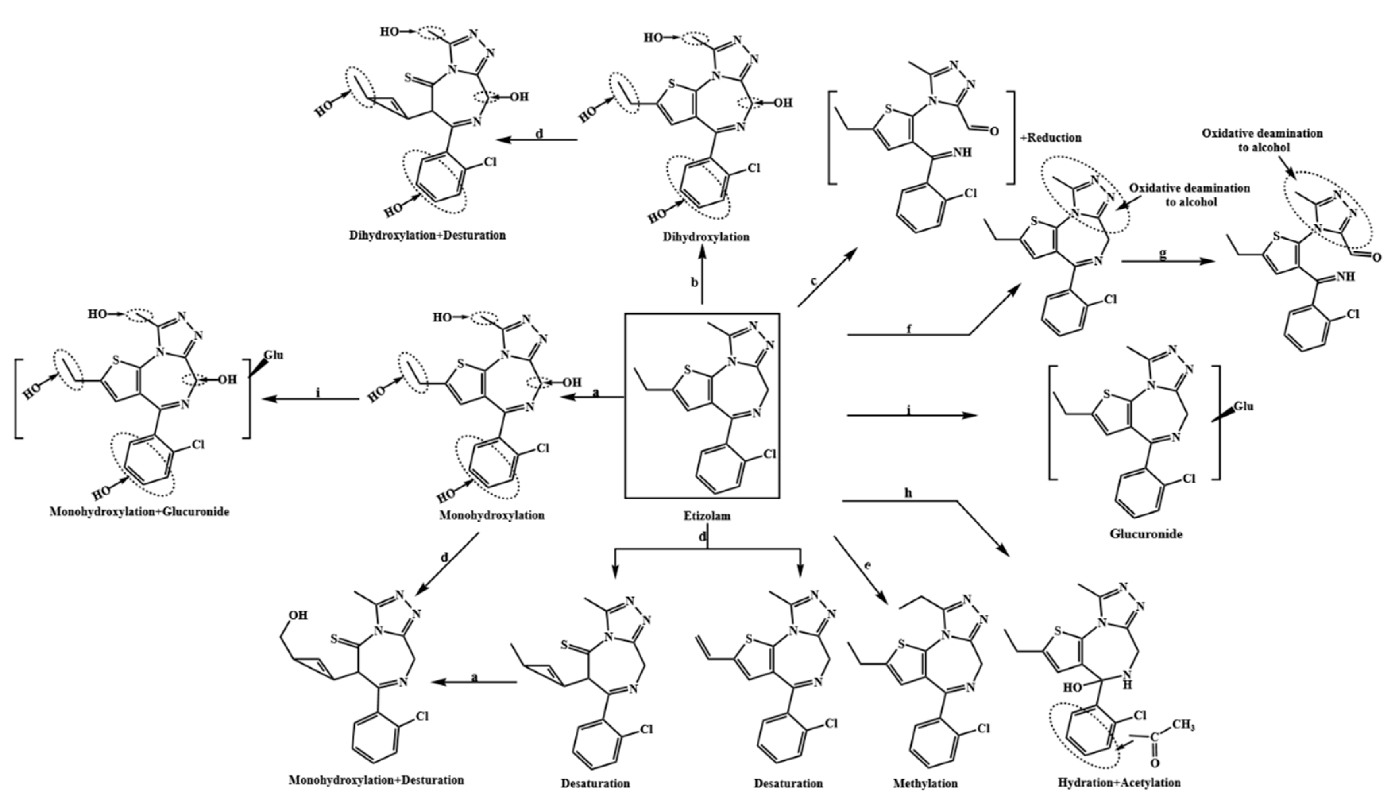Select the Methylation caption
coord(925,783)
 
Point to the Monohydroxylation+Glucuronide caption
coord(139,511)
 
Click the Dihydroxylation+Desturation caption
coord(427,235)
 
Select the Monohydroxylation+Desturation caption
coord(376,780)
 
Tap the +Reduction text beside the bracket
coord(1051,137)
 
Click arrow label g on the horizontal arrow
coord(1163,255)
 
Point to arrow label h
coord(908,493)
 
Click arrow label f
coord(909,330)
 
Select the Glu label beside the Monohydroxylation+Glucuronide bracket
coord(274,355)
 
